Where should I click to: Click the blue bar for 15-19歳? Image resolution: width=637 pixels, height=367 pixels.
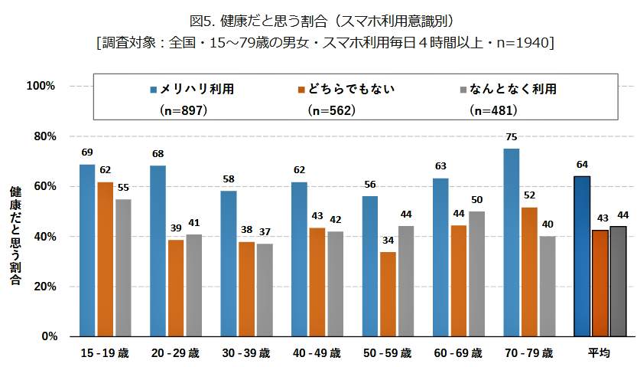(x=87, y=251)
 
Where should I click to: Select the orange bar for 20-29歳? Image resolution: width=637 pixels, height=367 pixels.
(x=176, y=288)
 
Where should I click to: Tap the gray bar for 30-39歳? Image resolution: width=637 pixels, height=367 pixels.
(x=264, y=290)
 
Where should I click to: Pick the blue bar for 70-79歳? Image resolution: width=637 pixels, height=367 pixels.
(x=511, y=242)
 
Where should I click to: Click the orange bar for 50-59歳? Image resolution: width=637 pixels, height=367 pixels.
(x=388, y=294)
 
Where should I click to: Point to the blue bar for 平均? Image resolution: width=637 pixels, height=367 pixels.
(x=582, y=256)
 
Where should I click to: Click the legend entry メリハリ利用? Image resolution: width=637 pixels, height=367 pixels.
(x=191, y=89)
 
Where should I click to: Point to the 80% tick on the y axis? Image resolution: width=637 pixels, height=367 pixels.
(x=43, y=136)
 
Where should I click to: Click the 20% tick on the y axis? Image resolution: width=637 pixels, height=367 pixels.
(x=43, y=287)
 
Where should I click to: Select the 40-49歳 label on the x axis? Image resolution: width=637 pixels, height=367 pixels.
(x=317, y=353)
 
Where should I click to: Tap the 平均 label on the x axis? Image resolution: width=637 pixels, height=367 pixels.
(x=599, y=353)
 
